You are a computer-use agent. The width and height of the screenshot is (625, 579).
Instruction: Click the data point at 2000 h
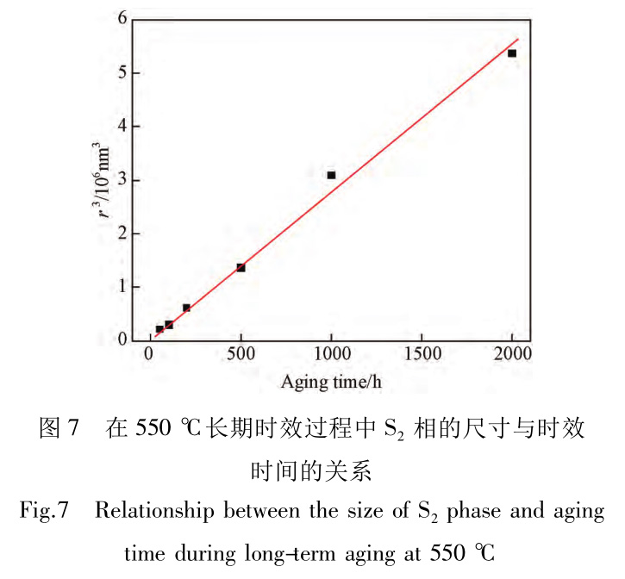(512, 53)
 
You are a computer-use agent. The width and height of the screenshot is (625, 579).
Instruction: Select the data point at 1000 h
(331, 175)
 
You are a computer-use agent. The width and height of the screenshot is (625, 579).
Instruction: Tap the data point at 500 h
(241, 267)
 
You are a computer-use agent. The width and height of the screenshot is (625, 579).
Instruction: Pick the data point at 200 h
(186, 308)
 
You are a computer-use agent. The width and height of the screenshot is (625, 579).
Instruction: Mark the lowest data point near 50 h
(159, 329)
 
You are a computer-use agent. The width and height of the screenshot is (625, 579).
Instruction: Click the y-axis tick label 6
(122, 18)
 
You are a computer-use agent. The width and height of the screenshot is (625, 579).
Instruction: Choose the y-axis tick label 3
(122, 179)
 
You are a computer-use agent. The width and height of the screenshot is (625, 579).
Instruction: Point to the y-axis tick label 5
(122, 72)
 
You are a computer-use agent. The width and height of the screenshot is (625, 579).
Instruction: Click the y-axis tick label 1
(122, 287)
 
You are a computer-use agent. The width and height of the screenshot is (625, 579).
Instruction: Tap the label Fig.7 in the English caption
(44, 511)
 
